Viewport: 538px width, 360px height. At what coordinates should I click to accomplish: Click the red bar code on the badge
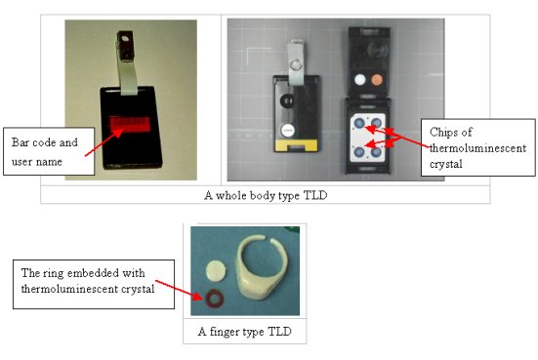129,124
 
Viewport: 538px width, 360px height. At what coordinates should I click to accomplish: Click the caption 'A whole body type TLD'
265,193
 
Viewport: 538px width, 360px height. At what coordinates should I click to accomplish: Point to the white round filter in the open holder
359,79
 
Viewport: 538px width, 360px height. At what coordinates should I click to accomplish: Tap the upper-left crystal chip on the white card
359,123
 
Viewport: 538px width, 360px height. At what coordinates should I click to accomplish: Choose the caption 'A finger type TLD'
244,333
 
